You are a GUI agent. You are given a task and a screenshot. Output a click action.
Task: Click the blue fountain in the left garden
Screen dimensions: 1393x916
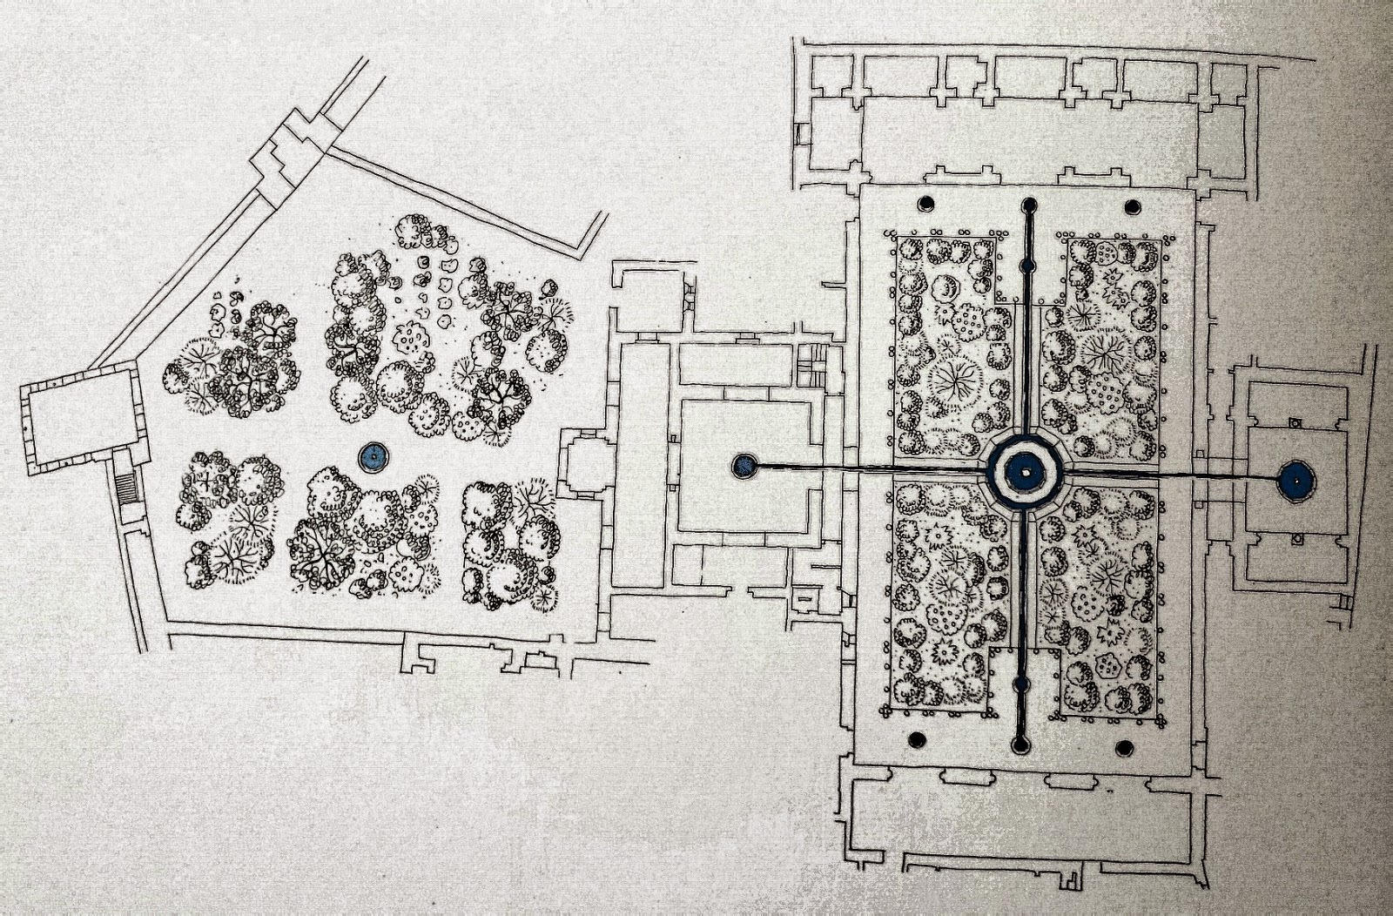[374, 455]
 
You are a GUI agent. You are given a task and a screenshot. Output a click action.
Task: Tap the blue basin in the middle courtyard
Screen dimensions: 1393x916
[743, 466]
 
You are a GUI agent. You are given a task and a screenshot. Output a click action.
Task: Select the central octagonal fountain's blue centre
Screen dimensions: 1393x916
[1025, 473]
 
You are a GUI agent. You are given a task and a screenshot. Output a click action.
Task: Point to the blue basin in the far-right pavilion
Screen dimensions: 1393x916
[1295, 480]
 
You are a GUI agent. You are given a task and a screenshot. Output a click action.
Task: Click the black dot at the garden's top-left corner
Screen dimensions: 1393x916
[925, 204]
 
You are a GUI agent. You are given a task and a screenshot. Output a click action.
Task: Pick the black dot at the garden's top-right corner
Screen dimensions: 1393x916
[1133, 206]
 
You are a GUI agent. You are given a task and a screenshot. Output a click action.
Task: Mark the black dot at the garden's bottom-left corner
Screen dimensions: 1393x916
[916, 739]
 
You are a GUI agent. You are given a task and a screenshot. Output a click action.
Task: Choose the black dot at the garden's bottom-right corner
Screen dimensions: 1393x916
[1123, 746]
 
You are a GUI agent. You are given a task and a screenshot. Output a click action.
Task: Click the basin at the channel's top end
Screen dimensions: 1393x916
[1029, 205]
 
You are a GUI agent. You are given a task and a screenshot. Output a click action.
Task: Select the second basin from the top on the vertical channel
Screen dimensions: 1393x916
[1027, 264]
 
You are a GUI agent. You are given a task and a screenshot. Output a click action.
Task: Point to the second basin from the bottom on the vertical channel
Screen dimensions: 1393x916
[1021, 685]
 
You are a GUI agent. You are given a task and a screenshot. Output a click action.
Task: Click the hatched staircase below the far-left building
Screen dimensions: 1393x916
[127, 488]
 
